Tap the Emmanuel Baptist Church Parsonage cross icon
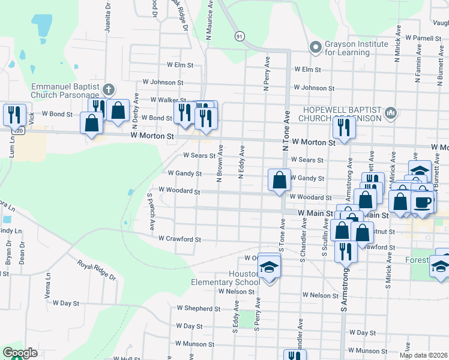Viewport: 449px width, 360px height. (108, 91)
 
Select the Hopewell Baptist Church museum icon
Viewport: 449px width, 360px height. (391, 112)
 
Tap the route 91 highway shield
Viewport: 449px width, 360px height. (240, 37)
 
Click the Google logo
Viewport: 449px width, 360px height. (20, 353)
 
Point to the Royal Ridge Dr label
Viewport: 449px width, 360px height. (96, 269)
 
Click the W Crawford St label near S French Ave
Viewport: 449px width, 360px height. (179, 239)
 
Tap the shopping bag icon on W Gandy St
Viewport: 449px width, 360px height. (279, 179)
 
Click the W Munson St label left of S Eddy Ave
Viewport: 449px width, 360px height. (194, 344)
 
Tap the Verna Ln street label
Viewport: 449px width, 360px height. (47, 294)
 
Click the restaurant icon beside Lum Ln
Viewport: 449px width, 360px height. (13, 113)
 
